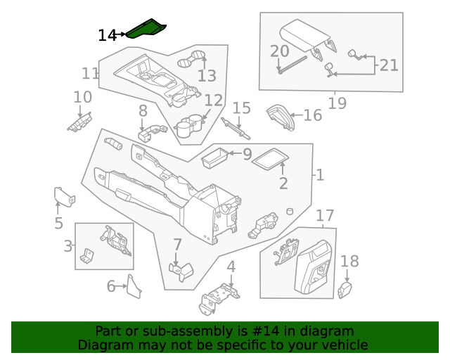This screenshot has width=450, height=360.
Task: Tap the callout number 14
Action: (107, 35)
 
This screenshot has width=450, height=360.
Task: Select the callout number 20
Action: (279, 51)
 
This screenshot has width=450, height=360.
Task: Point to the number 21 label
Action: (389, 65)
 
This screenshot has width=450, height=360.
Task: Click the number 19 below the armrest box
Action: (337, 104)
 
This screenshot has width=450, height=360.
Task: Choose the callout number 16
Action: (313, 115)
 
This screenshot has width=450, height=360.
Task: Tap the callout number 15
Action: (241, 108)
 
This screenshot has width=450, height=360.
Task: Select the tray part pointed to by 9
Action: (214, 158)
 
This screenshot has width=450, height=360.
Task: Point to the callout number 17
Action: (324, 215)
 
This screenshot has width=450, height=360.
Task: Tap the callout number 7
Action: (177, 245)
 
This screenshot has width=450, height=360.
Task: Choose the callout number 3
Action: (68, 246)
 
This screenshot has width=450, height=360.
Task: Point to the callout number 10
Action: (82, 97)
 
